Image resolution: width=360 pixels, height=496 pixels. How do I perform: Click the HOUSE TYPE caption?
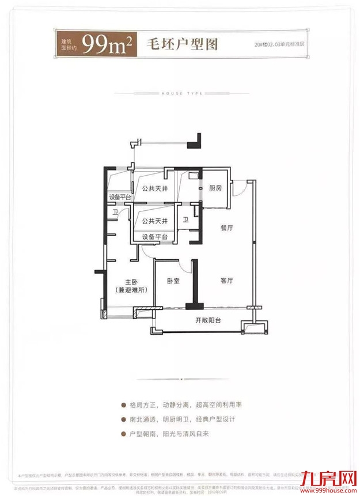point(179,93)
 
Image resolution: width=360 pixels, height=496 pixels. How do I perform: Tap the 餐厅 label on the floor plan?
point(226,228)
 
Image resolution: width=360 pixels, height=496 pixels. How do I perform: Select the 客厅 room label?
point(226,281)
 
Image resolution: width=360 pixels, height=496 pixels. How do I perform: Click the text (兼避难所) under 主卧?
point(131,290)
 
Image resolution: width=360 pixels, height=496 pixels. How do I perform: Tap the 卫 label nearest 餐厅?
point(185,219)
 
